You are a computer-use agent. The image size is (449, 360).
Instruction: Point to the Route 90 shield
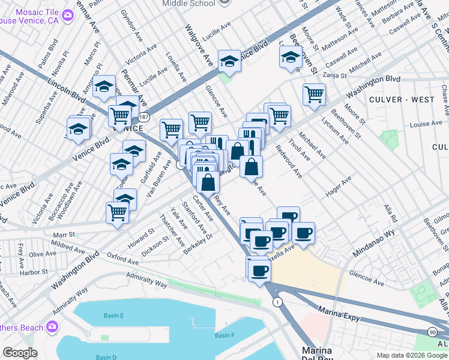pos(432,332)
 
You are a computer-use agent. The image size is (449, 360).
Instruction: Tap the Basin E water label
pos(112,316)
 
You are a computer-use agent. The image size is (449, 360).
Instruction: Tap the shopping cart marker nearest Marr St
pos(117,212)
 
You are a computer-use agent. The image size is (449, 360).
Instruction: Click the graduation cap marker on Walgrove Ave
pos(229,61)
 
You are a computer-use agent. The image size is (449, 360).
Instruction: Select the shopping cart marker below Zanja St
pos(314,94)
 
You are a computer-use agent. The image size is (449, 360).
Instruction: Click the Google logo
pos(20,353)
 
